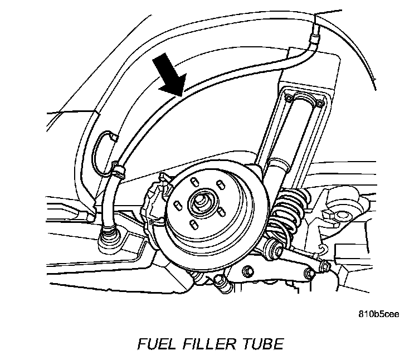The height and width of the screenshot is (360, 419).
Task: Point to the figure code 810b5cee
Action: (379, 313)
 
